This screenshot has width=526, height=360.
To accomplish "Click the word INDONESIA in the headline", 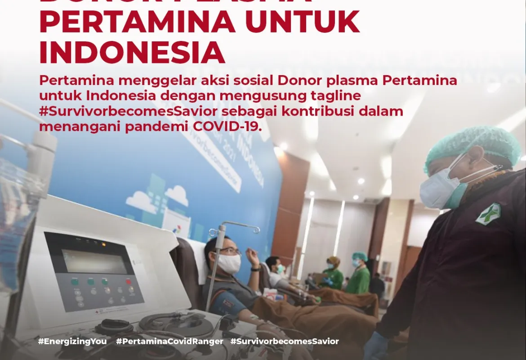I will click(132, 52).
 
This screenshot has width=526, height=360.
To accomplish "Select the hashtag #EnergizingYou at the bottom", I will click(72, 341).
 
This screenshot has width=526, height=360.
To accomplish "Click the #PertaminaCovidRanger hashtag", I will click(169, 341).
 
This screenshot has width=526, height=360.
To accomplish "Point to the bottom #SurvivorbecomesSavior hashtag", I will click(285, 341).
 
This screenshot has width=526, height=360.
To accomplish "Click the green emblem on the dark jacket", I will click(488, 214).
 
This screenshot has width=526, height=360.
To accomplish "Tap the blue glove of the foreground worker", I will click(376, 346).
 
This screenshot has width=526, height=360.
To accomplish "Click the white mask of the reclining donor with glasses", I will click(229, 264).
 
